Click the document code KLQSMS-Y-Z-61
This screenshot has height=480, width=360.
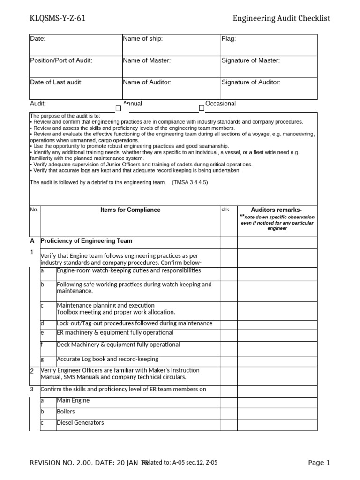point(57,18)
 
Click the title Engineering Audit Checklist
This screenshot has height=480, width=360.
point(281,18)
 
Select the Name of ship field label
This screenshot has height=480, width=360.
point(143,39)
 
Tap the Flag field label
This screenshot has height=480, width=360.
point(229,39)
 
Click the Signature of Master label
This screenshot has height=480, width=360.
point(250,60)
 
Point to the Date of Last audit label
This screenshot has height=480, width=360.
point(56,82)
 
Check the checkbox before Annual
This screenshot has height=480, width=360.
point(118,108)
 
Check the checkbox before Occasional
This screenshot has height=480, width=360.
point(202,108)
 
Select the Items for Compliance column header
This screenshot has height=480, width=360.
point(130,210)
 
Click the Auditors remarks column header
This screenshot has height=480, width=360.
point(277,210)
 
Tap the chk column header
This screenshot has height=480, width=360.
point(225,210)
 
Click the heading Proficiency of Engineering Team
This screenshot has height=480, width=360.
point(86,241)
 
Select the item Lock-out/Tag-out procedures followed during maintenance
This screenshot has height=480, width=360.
point(134,323)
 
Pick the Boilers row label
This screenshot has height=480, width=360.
point(66,412)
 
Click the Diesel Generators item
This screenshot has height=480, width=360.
point(80,423)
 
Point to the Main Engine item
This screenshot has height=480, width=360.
point(73,401)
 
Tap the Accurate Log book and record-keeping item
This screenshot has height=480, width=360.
point(107,360)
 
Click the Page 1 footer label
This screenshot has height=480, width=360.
point(319,463)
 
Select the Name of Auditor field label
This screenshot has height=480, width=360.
point(147,82)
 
